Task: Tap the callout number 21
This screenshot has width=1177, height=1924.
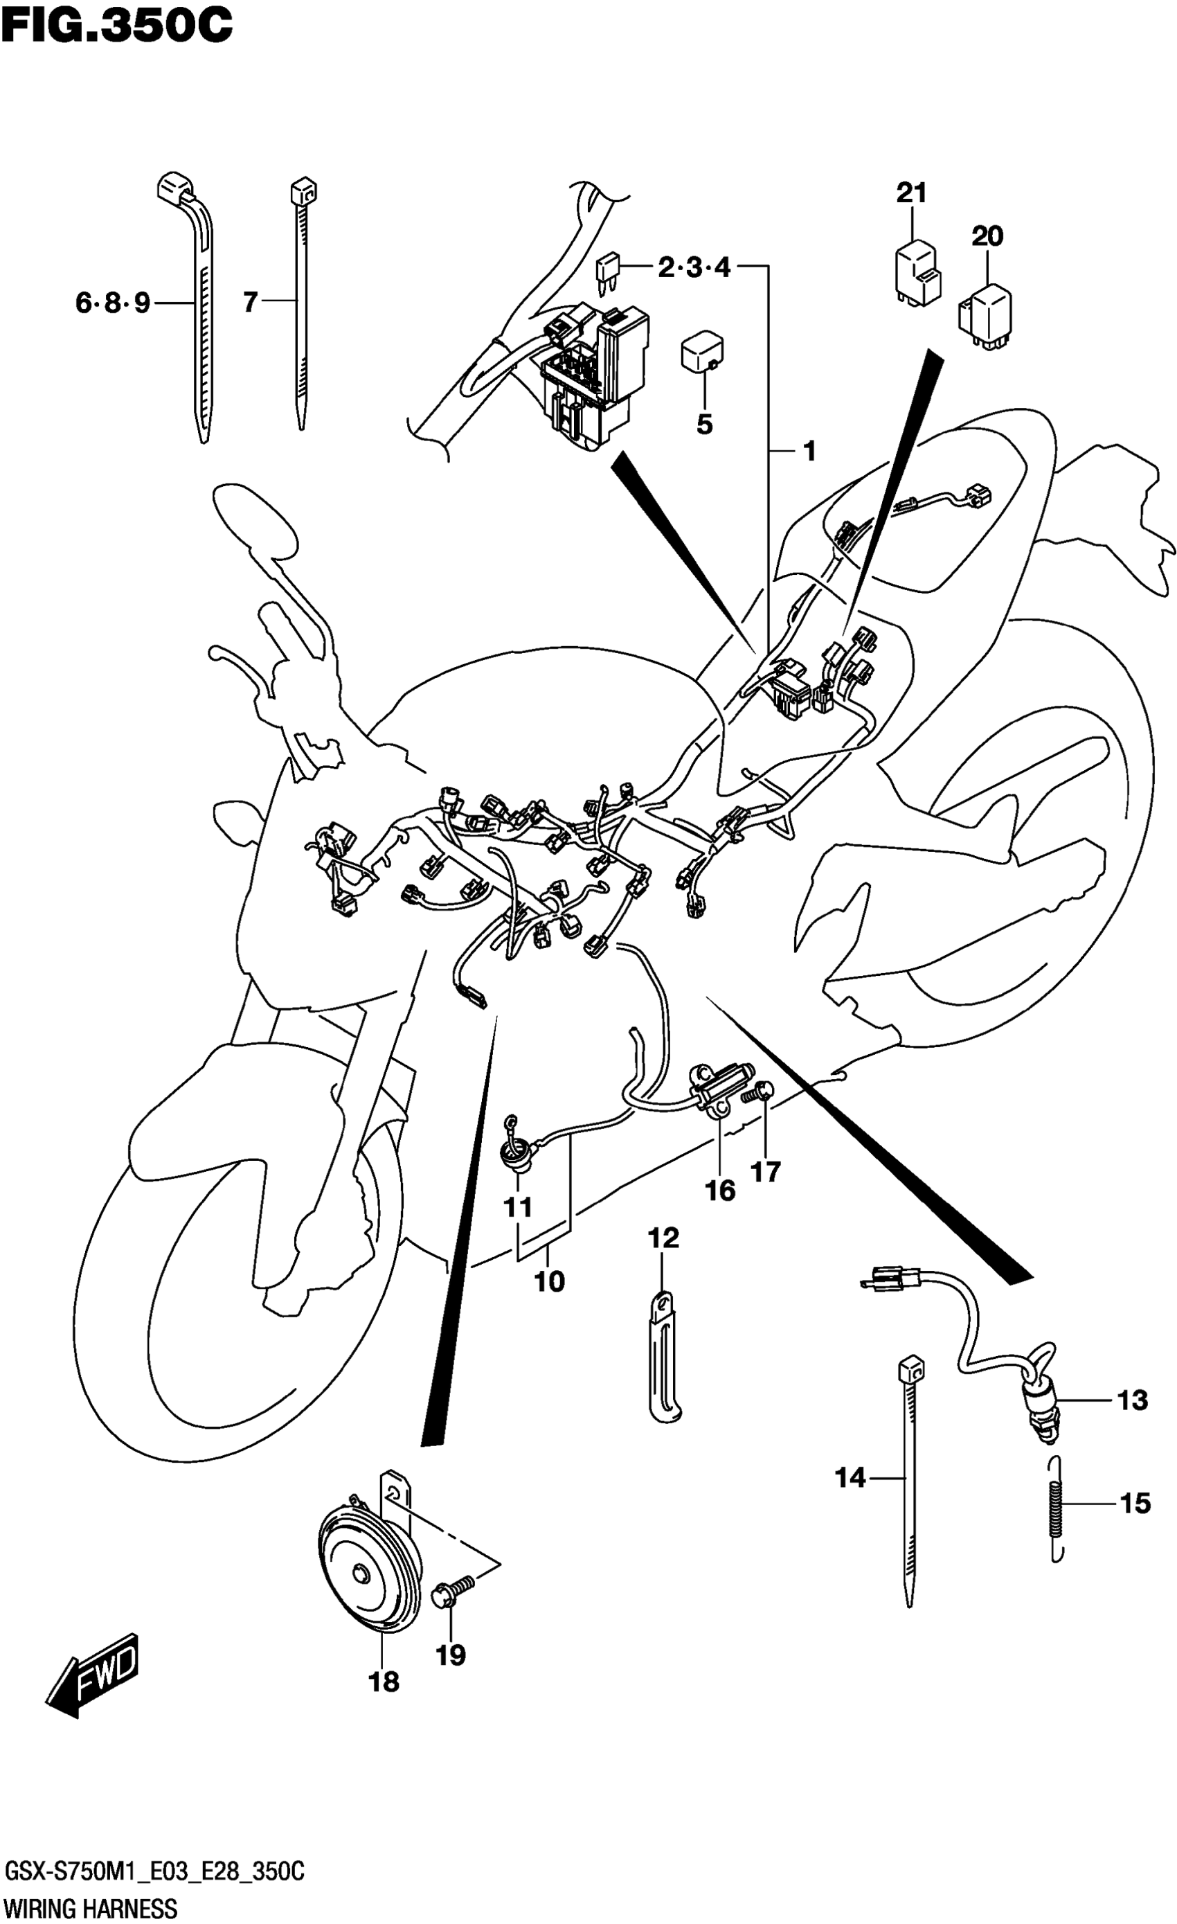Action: [x=911, y=192]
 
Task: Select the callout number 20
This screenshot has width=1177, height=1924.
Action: [x=987, y=235]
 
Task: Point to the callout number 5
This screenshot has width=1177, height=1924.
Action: [x=704, y=425]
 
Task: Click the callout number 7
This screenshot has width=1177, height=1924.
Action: [x=250, y=302]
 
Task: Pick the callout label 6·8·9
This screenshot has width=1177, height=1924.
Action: [x=113, y=302]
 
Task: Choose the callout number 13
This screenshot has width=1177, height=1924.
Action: [x=1133, y=1400]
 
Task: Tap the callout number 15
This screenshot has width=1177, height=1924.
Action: [x=1135, y=1503]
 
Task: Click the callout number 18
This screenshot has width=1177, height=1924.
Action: [x=384, y=1681]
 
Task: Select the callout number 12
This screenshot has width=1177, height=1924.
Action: [x=663, y=1238]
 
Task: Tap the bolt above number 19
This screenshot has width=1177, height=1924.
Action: [x=454, y=1596]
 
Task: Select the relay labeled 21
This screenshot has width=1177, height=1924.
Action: [x=917, y=274]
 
